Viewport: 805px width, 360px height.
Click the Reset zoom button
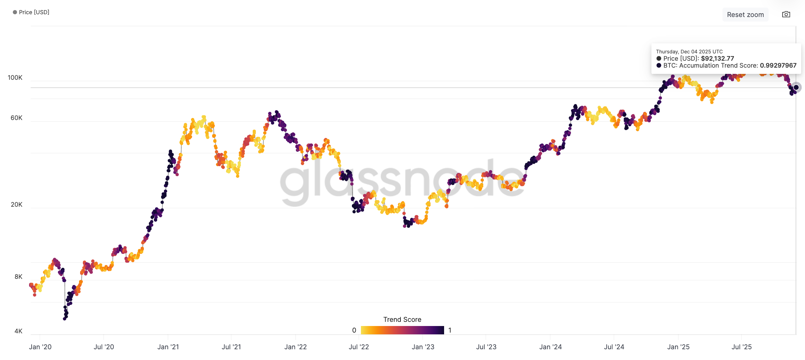pyautogui.click(x=745, y=15)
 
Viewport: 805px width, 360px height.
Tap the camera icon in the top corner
pyautogui.click(x=786, y=15)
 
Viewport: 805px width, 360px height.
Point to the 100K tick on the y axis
pyautogui.click(x=15, y=78)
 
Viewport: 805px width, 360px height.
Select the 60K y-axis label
pyautogui.click(x=16, y=118)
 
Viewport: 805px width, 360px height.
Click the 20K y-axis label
pyautogui.click(x=16, y=205)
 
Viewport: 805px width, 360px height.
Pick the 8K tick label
pyautogui.click(x=18, y=277)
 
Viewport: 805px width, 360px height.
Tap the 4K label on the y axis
pyautogui.click(x=18, y=331)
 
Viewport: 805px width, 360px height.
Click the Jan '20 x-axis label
pyautogui.click(x=40, y=347)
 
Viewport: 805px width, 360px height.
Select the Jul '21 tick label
pyautogui.click(x=231, y=347)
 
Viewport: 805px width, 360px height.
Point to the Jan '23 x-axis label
pyautogui.click(x=423, y=347)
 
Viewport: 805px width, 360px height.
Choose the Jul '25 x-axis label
pyautogui.click(x=742, y=347)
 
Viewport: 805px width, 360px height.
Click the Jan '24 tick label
pyautogui.click(x=551, y=347)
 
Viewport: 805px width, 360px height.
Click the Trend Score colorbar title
pyautogui.click(x=402, y=319)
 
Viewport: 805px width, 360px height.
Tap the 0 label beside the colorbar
pyautogui.click(x=354, y=330)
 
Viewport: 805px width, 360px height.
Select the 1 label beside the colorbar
pyautogui.click(x=450, y=330)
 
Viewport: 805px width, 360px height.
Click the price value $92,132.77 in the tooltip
pyautogui.click(x=717, y=59)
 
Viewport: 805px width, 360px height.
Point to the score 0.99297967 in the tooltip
pyautogui.click(x=778, y=66)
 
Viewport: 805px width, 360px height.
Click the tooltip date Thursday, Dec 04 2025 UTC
pyautogui.click(x=689, y=52)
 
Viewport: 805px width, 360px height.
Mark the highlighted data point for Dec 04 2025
pyautogui.click(x=796, y=87)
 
